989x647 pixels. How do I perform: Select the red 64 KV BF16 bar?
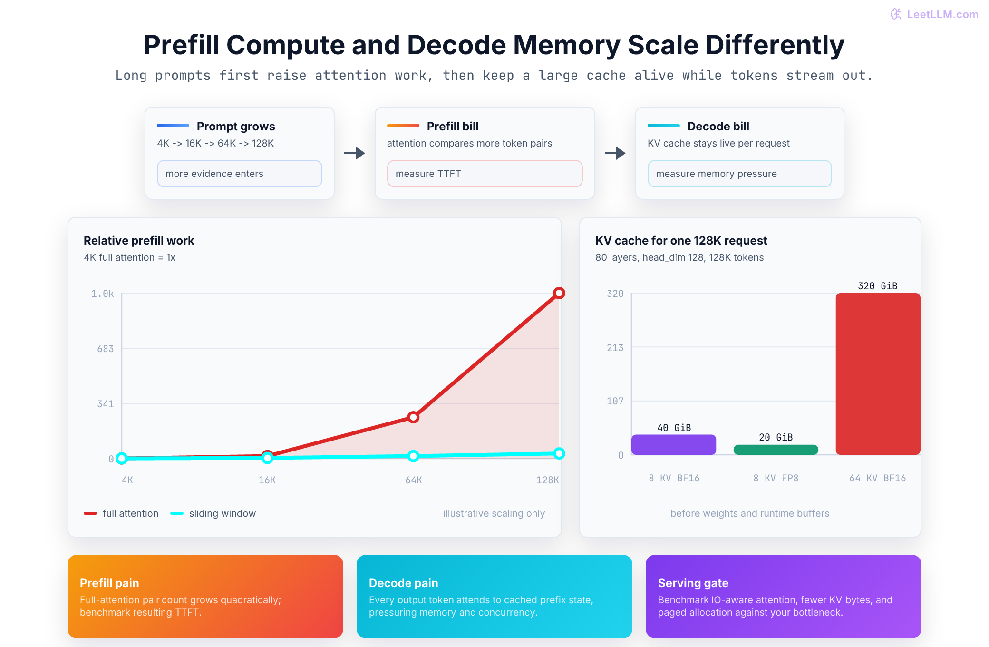878,374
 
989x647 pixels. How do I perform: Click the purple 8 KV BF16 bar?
674,445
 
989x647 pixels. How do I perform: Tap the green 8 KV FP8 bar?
776,450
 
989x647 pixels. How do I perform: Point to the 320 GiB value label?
878,286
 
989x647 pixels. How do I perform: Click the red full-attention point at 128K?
559,293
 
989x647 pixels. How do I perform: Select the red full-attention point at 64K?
413,417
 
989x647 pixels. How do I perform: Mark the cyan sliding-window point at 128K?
559,453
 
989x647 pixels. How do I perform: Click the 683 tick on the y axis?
106,349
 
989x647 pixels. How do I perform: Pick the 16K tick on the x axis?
267,480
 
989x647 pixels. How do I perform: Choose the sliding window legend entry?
213,513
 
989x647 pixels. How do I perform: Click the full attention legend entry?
121,513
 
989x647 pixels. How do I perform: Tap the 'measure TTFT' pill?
485,174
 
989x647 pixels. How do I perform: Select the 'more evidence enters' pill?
240,174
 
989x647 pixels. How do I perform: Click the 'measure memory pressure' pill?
740,174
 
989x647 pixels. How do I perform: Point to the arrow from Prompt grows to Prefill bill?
355,153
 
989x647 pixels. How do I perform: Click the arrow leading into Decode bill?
615,153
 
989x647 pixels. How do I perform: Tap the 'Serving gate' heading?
693,583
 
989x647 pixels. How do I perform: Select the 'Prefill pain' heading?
109,583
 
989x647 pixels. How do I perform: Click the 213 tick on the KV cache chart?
615,348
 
